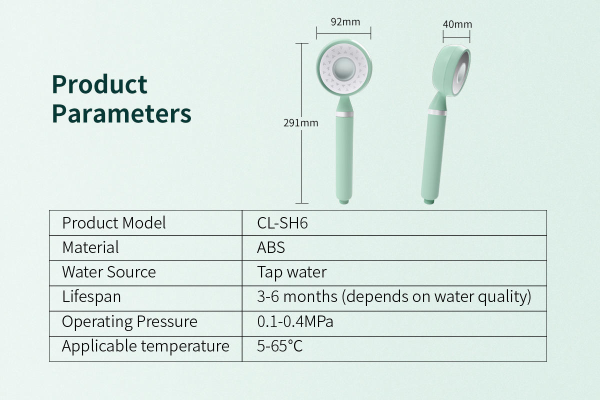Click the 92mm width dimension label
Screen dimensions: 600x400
(345, 22)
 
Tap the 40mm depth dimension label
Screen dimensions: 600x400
(457, 24)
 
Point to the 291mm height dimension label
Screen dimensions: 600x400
(301, 123)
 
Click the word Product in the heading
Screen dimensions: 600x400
(99, 84)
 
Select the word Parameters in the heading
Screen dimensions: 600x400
(121, 114)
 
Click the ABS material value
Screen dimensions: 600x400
(271, 247)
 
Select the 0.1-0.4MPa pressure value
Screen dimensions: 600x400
(295, 321)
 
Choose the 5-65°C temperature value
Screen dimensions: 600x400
(279, 346)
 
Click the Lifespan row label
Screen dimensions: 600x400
(91, 297)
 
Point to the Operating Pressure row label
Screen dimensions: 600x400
(129, 321)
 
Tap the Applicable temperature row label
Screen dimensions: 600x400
(145, 346)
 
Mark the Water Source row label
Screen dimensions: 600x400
(109, 272)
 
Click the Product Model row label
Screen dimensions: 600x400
(114, 223)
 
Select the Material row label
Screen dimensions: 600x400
(90, 247)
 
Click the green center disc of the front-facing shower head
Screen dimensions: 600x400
(344, 69)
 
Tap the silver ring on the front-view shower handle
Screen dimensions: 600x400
(344, 114)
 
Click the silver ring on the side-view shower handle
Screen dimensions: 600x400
(437, 112)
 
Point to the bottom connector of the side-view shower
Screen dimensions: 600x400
(429, 201)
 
